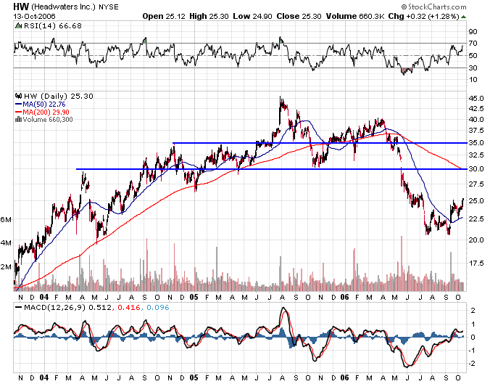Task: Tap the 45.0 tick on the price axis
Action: click(x=476, y=98)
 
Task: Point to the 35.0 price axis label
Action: click(x=476, y=143)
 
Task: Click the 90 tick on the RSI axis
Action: click(x=473, y=31)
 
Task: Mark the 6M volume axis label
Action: click(x=6, y=219)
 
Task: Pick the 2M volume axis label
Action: click(x=6, y=267)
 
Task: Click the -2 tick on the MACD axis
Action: click(x=473, y=363)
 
